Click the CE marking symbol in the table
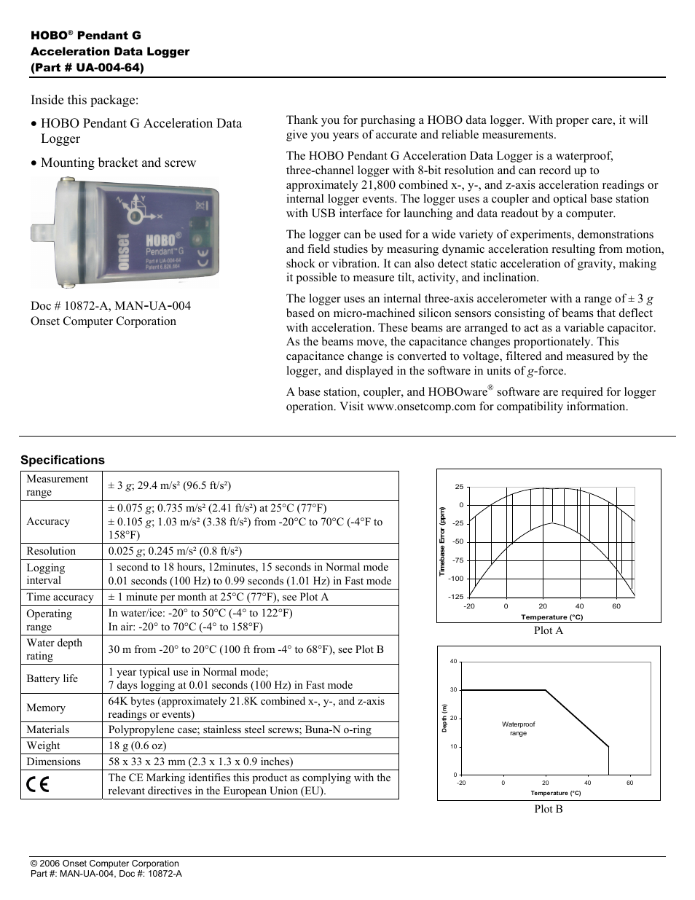coord(38,785)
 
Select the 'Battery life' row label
coord(52,678)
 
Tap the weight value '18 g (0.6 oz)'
coord(137,746)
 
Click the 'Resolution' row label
coord(51,551)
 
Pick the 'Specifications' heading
coord(63,460)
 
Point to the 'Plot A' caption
coord(548,630)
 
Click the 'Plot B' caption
coord(548,809)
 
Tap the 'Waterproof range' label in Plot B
coord(518,729)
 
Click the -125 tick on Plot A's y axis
coord(456,597)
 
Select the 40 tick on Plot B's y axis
coord(453,662)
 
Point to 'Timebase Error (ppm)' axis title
coord(441,542)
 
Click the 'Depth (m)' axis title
coord(444,718)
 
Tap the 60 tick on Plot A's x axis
coord(616,606)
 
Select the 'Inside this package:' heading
coord(85,100)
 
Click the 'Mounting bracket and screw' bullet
coord(118,163)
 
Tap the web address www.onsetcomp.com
coord(421,407)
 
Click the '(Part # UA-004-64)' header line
coord(87,67)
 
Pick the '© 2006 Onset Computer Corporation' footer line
coord(105,864)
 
